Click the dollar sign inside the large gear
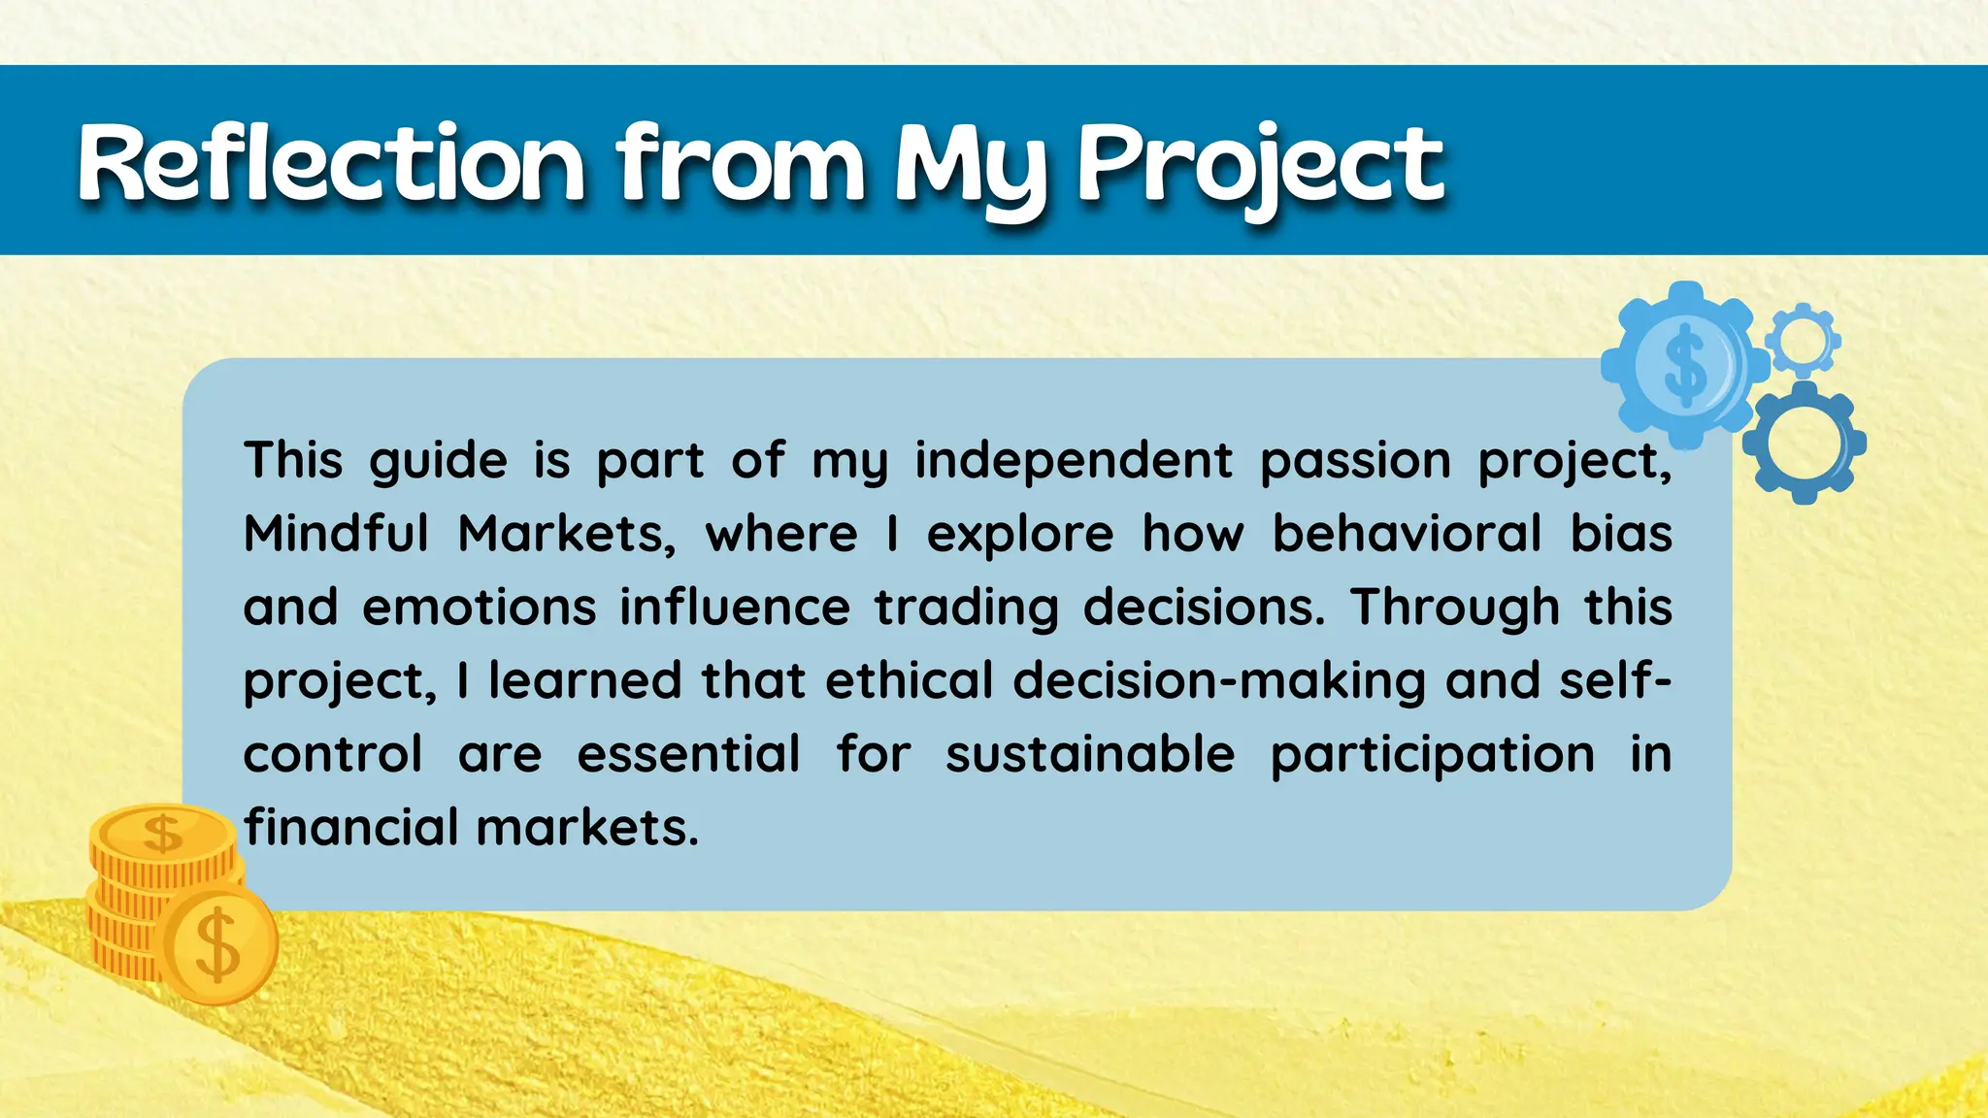pos(1684,364)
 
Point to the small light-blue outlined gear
pos(1803,340)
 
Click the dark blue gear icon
pos(1804,443)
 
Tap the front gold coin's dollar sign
pos(217,944)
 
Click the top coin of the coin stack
pos(162,833)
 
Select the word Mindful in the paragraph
pos(336,533)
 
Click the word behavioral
pos(1407,533)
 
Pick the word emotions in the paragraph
pos(479,608)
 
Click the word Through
pos(1455,608)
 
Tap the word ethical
pos(909,680)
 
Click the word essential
pos(688,754)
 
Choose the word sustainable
pos(1090,754)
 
